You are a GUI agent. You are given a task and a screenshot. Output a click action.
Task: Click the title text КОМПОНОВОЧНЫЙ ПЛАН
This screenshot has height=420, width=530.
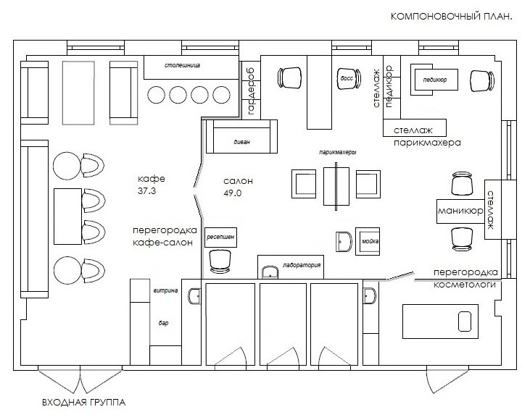click(451, 17)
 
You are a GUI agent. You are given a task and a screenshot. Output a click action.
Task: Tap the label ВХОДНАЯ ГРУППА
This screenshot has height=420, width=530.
click(84, 403)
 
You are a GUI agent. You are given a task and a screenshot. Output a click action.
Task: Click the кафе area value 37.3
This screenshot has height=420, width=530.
click(146, 191)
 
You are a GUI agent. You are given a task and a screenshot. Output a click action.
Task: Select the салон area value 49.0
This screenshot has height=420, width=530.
click(232, 193)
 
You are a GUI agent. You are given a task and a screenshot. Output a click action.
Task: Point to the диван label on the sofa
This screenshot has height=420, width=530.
click(241, 142)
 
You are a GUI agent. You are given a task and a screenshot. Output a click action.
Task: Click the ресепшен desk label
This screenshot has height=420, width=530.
click(220, 237)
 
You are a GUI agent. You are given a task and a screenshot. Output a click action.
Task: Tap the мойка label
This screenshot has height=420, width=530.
click(370, 241)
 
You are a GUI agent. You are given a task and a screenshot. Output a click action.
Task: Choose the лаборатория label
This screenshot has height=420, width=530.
click(302, 265)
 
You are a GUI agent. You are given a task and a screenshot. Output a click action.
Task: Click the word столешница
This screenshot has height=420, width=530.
click(182, 65)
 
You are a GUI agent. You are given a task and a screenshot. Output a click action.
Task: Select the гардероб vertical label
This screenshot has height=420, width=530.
click(251, 91)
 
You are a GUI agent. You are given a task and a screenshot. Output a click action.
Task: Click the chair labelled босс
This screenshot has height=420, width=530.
click(349, 79)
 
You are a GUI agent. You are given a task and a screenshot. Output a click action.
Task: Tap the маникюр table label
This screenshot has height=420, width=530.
click(460, 211)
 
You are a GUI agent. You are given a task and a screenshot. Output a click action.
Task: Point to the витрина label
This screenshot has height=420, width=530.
click(165, 290)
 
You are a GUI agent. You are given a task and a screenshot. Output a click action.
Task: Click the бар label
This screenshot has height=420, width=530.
click(163, 323)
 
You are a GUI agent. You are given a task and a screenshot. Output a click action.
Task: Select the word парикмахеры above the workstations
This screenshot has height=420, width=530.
click(338, 152)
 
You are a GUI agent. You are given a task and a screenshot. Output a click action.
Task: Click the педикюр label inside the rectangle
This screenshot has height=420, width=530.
click(435, 80)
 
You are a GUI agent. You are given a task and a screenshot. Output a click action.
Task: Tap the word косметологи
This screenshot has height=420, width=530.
click(465, 285)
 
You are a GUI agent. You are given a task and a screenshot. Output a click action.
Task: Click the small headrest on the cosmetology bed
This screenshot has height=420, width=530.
click(465, 322)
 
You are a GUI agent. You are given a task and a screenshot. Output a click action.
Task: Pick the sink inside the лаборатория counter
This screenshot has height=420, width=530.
click(270, 272)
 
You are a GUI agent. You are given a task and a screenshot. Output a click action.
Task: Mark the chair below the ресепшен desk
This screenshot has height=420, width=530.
click(220, 261)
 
